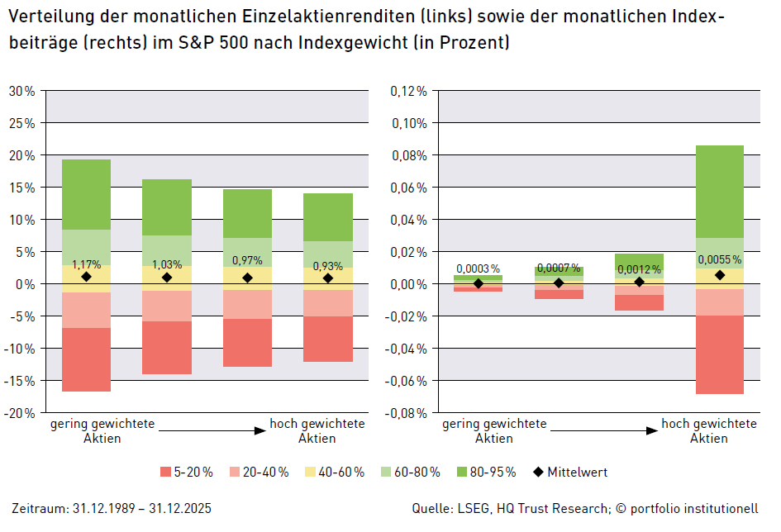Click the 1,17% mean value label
pos(86,265)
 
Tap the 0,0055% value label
pos(720,259)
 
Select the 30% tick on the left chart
pos(21,91)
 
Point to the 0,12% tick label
pos(408,91)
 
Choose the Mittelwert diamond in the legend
pos(538,473)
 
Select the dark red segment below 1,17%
pos(86,359)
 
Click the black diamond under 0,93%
pos(327,278)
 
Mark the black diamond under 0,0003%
pos(479,283)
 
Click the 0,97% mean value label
pos(247,260)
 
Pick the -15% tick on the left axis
pos(21,381)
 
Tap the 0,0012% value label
pos(639,269)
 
